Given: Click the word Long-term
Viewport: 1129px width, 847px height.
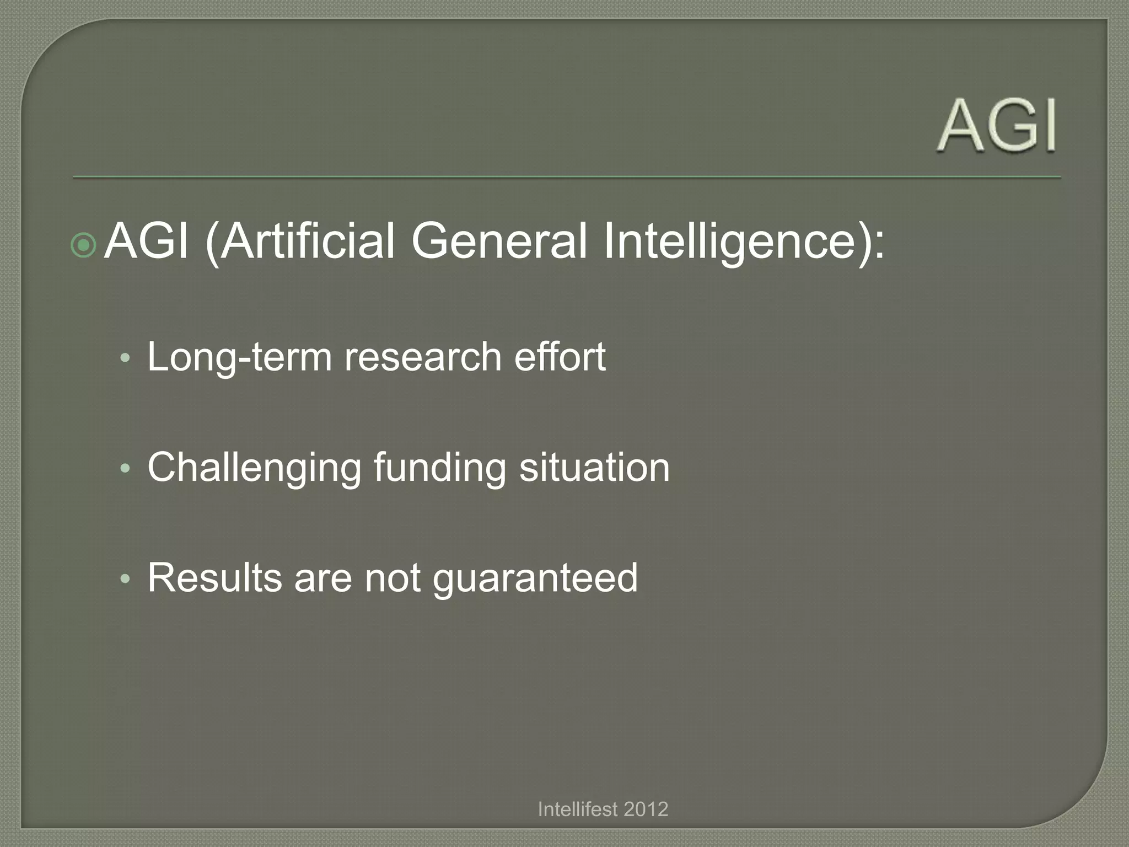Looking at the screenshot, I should [x=239, y=357].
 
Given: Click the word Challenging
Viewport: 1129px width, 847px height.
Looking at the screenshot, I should [x=254, y=468].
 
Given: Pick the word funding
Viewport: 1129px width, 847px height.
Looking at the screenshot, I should [x=439, y=468].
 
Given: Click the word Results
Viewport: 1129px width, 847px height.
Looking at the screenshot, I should [x=214, y=578].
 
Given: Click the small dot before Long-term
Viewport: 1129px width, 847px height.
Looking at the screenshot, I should [x=125, y=359].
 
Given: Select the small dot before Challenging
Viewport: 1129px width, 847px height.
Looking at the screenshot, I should [x=125, y=469].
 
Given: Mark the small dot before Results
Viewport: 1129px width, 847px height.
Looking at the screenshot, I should [x=125, y=580].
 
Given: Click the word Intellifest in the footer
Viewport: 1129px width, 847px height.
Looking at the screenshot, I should [x=578, y=809].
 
